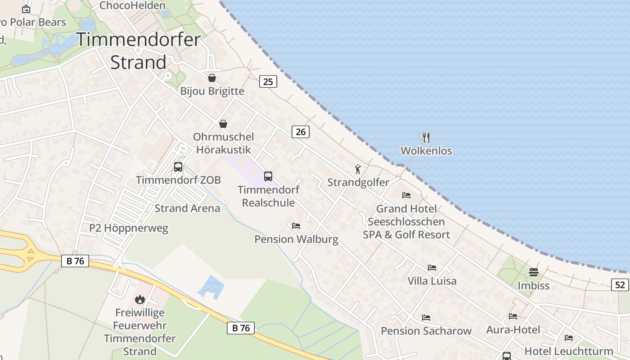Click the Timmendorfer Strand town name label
pyautogui.click(x=138, y=50)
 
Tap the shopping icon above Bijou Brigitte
pyautogui.click(x=212, y=78)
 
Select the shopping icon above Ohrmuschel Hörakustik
pyautogui.click(x=223, y=124)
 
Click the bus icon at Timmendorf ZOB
pyautogui.click(x=178, y=167)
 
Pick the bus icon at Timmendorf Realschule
pyautogui.click(x=268, y=176)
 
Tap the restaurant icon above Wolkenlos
pyautogui.click(x=426, y=137)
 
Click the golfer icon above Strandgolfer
pyautogui.click(x=358, y=169)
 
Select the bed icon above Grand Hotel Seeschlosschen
pyautogui.click(x=406, y=195)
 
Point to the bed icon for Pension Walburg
pyautogui.click(x=296, y=225)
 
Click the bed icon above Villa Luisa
pyautogui.click(x=432, y=268)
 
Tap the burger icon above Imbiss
pyautogui.click(x=534, y=272)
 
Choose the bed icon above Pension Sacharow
pyautogui.click(x=426, y=318)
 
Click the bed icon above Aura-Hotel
pyautogui.click(x=513, y=316)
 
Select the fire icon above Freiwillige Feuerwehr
pyautogui.click(x=140, y=299)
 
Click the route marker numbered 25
pyautogui.click(x=268, y=81)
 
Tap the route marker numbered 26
pyautogui.click(x=300, y=132)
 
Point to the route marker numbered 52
pyautogui.click(x=620, y=284)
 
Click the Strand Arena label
pyautogui.click(x=187, y=208)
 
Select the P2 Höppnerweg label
pyautogui.click(x=129, y=228)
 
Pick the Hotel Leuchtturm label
pyautogui.click(x=569, y=351)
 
